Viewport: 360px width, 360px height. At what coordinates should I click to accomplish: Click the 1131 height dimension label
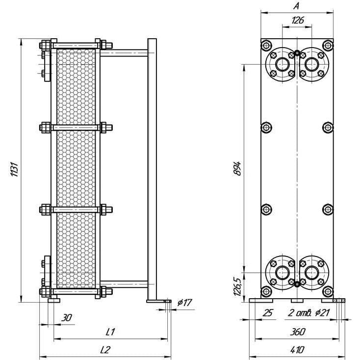(x=14, y=169)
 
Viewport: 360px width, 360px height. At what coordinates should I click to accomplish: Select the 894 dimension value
(x=237, y=169)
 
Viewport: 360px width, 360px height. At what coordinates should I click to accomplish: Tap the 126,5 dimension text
(x=237, y=286)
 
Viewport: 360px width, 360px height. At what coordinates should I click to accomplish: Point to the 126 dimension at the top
(x=298, y=21)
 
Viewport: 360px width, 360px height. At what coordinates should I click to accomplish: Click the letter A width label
(x=296, y=6)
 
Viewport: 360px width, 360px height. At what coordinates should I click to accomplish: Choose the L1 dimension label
(x=110, y=332)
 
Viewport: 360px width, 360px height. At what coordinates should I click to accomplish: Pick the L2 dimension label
(x=105, y=350)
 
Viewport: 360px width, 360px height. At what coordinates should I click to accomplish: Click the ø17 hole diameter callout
(x=184, y=303)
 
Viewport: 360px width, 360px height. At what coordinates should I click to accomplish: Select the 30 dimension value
(x=67, y=318)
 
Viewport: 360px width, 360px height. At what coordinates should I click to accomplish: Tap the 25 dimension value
(x=268, y=312)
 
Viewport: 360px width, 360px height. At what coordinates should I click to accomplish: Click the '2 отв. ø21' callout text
(x=309, y=312)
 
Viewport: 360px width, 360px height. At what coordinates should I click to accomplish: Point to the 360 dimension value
(x=298, y=332)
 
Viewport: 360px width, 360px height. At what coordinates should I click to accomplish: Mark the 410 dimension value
(x=297, y=350)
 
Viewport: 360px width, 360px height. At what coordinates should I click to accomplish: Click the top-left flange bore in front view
(x=282, y=64)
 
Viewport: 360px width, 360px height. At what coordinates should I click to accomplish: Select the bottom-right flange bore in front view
(x=311, y=273)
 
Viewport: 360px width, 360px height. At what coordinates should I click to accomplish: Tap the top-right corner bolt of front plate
(x=328, y=45)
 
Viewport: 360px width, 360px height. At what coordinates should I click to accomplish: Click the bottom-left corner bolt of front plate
(x=266, y=291)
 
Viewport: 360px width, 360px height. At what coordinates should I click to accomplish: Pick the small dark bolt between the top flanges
(x=297, y=53)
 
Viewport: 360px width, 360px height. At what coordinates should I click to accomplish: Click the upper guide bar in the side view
(x=124, y=53)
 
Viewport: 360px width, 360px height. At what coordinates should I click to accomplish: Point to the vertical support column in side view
(x=152, y=169)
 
